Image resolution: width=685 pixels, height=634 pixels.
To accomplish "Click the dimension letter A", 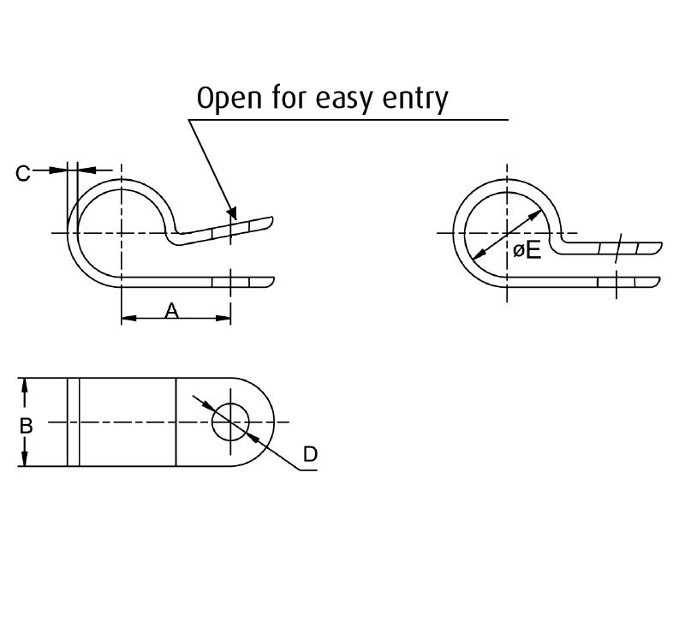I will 171,311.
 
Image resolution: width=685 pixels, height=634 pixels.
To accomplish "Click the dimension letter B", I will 27,424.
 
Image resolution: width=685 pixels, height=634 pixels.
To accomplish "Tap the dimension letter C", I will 23,173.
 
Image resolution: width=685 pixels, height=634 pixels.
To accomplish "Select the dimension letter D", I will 310,454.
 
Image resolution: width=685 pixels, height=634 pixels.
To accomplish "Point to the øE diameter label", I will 527,251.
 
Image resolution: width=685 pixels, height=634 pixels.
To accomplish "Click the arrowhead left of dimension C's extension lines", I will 59,170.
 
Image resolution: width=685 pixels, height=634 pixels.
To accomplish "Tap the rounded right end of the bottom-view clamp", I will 272,422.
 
